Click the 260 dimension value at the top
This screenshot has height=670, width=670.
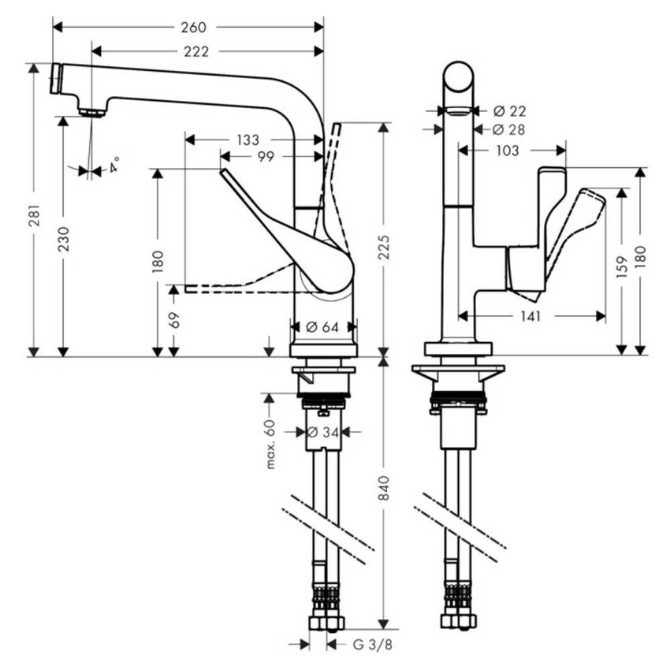[x=193, y=28]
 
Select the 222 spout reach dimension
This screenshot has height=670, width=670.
[x=194, y=52]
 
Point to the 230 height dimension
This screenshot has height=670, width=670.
[x=63, y=237]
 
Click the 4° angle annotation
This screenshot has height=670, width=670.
[x=115, y=166]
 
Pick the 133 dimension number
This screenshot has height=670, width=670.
[x=247, y=140]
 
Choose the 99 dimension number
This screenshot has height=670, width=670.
[x=265, y=157]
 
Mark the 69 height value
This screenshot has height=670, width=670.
[x=173, y=320]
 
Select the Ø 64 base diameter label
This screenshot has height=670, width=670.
[x=323, y=326]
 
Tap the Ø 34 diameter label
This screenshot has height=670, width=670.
[x=324, y=432]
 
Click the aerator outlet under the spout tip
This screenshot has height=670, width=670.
[x=92, y=113]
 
